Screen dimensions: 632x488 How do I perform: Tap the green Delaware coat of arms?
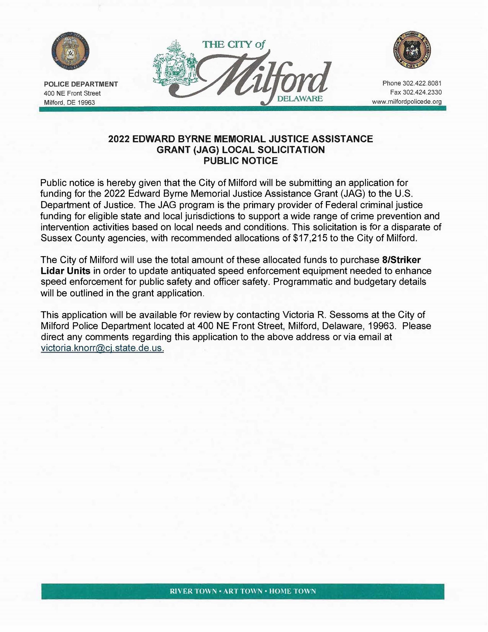pyautogui.click(x=174, y=63)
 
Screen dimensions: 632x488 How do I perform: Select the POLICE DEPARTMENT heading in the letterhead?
pyautogui.click(x=81, y=84)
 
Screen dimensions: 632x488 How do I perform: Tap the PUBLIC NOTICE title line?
pyautogui.click(x=240, y=161)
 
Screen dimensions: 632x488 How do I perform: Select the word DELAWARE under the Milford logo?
pyautogui.click(x=300, y=99)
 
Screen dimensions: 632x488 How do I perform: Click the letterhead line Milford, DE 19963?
pyautogui.click(x=69, y=102)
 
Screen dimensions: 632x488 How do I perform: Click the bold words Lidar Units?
pyautogui.click(x=66, y=271)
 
